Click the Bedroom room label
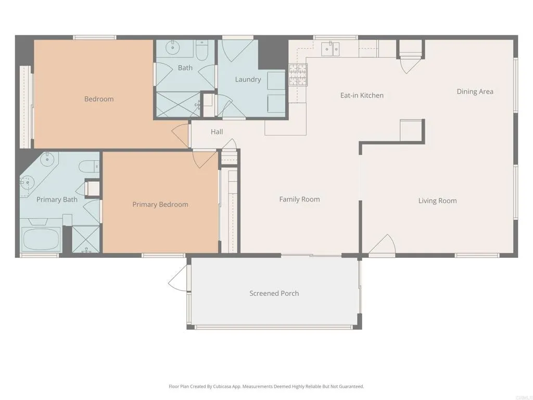click(x=99, y=99)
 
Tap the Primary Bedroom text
click(x=160, y=205)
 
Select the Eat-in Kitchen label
click(x=362, y=95)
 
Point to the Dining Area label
click(x=475, y=92)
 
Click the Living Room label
click(x=437, y=201)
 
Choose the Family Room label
click(x=299, y=199)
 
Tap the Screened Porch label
click(x=274, y=293)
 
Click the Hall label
click(x=217, y=132)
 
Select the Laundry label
click(x=248, y=80)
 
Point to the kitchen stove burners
click(x=298, y=74)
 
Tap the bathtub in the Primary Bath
click(x=41, y=239)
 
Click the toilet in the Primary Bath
click(x=88, y=166)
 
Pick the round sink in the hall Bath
click(x=172, y=48)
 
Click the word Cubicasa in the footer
click(x=222, y=386)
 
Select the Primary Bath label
click(x=57, y=199)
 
